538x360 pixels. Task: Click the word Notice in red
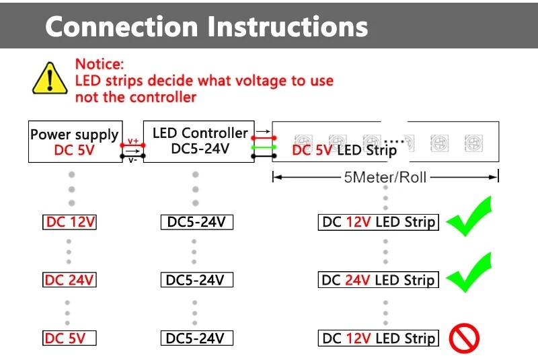100,65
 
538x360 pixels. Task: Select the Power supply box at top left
74,142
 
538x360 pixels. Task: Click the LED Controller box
196,142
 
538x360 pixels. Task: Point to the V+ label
132,140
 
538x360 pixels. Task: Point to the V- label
132,160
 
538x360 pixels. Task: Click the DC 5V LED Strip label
344,150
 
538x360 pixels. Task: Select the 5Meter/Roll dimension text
385,178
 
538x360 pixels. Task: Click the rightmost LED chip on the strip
471,143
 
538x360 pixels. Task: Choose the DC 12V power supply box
69,222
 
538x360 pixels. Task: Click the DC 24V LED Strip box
378,280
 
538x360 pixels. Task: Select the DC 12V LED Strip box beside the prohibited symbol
378,338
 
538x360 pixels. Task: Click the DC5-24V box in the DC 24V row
196,280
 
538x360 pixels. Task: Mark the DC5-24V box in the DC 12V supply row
196,222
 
